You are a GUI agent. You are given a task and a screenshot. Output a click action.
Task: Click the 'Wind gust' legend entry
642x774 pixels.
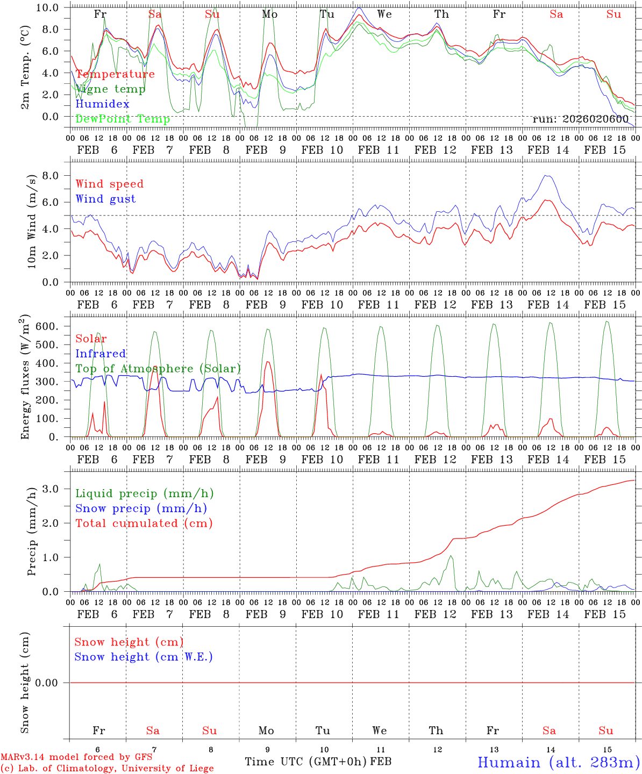tap(105, 199)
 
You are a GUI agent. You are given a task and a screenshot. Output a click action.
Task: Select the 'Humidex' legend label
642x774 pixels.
tap(102, 104)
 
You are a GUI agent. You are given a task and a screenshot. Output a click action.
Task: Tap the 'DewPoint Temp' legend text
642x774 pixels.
tap(123, 119)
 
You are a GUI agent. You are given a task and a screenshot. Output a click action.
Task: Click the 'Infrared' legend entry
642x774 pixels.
tap(101, 354)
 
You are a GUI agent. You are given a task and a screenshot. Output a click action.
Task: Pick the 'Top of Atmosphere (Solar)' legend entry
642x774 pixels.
tap(158, 369)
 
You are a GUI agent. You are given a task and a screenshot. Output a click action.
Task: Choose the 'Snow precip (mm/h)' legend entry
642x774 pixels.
tap(141, 508)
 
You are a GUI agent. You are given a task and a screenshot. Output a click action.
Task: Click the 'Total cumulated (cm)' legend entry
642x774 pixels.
tap(144, 523)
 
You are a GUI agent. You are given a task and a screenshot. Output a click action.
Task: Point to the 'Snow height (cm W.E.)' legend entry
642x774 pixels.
tap(144, 657)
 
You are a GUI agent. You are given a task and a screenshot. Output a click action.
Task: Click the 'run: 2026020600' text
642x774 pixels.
tap(580, 119)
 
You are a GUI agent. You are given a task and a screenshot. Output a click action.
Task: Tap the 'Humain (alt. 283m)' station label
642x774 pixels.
tap(558, 762)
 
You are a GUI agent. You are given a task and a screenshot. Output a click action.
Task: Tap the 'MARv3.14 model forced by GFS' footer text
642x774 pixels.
tap(76, 757)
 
